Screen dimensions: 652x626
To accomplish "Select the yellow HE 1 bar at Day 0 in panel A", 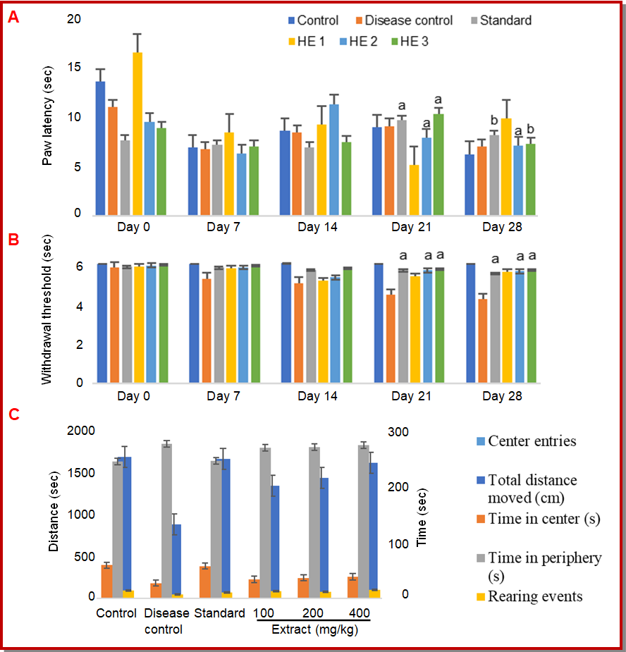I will pos(137,134).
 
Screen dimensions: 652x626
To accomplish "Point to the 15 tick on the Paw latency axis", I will pos(74,68).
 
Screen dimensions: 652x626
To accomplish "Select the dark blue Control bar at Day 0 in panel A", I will pos(101,148).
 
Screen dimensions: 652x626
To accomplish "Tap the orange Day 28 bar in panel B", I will pos(483,341).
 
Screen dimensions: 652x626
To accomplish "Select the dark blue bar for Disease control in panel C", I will pos(177,561).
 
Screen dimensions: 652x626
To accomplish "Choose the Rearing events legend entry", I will pos(535,596).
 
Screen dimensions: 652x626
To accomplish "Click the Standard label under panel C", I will pos(219,613).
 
